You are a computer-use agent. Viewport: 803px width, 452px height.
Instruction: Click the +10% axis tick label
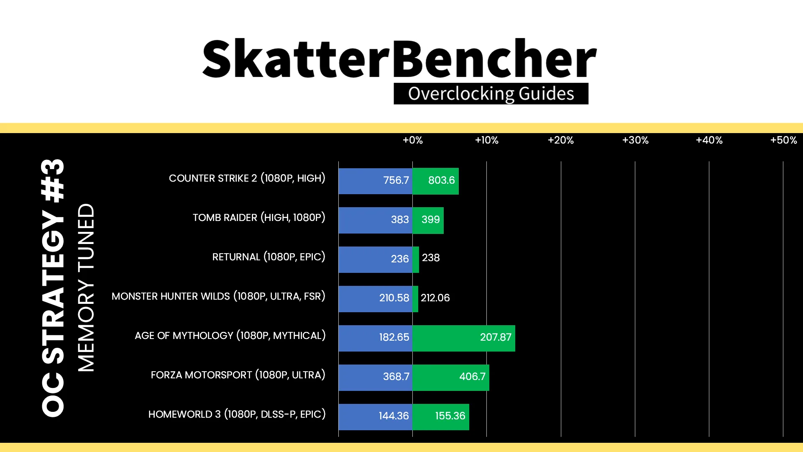[486, 140]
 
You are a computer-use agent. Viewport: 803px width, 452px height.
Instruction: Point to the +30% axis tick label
[635, 140]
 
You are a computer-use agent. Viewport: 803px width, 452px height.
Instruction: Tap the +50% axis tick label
[783, 140]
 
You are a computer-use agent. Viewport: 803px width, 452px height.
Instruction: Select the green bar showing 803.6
[435, 181]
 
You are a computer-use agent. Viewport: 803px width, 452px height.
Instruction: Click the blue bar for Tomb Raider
[376, 220]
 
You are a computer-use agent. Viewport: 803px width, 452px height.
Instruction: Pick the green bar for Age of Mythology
[464, 338]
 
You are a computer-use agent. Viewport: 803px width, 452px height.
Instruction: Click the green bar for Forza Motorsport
[451, 378]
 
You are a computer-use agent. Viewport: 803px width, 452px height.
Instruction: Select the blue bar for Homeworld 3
[376, 417]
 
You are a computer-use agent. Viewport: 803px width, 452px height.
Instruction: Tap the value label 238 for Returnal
[431, 258]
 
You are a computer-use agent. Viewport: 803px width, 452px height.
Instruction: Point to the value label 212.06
[435, 298]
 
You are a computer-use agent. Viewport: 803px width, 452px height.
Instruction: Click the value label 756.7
[396, 180]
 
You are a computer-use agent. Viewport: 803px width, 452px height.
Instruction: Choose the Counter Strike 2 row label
[247, 178]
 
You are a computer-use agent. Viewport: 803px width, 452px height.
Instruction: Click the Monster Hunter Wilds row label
[218, 296]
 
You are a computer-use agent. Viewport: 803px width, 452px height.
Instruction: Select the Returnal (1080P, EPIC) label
[269, 257]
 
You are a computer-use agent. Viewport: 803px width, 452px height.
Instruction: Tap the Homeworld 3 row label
[237, 414]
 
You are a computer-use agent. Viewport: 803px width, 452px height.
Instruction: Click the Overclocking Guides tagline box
[491, 94]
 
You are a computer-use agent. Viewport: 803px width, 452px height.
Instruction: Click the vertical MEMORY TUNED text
[86, 288]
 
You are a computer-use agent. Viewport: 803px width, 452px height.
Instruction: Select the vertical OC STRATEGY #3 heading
[53, 288]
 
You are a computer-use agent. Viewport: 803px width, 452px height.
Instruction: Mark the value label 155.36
[450, 416]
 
